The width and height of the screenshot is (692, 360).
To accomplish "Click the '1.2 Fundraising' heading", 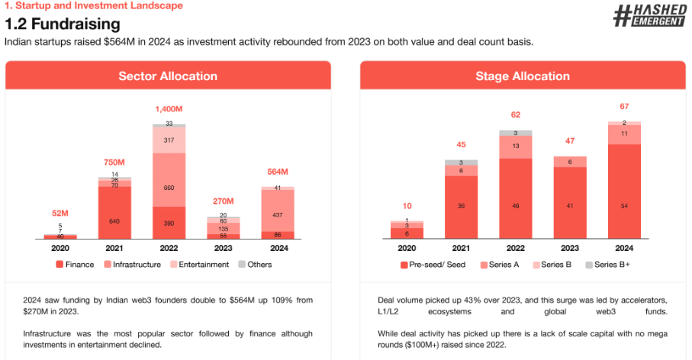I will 63,24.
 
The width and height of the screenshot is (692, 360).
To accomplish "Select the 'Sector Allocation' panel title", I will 168,76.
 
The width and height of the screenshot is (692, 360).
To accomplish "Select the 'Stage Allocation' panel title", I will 523,76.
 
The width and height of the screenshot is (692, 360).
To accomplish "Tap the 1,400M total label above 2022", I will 169,110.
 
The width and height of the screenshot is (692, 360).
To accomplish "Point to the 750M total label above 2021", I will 114,163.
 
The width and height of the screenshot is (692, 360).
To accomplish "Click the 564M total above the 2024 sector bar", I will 278,172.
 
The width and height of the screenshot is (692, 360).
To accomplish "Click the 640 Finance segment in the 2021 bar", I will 114,221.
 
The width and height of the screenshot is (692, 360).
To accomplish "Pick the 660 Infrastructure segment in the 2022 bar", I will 169,188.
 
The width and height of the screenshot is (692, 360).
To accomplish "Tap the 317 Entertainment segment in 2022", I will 169,140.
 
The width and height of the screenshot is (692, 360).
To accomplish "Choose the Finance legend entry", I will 75,265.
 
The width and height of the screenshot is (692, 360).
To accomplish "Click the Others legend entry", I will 255,265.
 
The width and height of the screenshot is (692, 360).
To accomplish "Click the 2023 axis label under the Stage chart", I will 570,248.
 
